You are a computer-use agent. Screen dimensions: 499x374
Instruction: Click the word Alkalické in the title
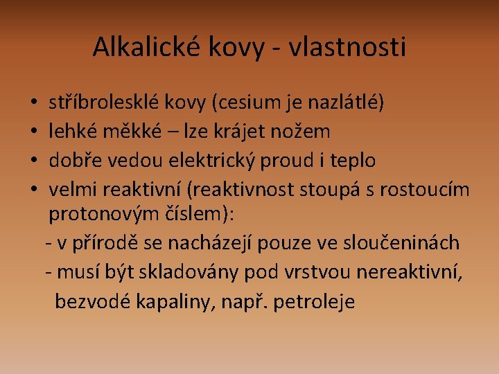[146, 46]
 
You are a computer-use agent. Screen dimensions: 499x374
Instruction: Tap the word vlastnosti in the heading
[347, 46]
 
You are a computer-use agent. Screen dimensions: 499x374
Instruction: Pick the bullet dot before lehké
[34, 131]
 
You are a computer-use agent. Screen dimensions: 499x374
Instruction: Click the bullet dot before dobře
[34, 160]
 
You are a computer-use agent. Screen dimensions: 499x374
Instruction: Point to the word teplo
[353, 161]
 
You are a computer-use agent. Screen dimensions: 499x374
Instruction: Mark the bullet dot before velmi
[34, 188]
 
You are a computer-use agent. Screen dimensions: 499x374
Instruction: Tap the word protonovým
[104, 214]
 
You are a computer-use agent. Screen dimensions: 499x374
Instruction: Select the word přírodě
[105, 243]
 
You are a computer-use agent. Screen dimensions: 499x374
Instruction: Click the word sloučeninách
[401, 242]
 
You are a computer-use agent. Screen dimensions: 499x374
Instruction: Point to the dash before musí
[49, 272]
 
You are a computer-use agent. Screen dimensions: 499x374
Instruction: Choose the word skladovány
[189, 273]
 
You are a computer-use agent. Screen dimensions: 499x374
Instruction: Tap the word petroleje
[314, 302]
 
